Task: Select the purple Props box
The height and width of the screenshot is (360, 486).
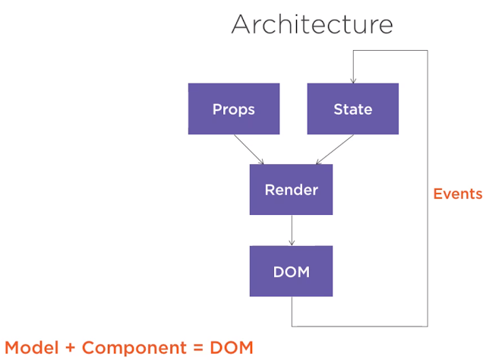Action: (233, 109)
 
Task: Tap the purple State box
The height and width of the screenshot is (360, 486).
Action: (352, 109)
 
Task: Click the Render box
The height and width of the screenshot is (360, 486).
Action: (291, 189)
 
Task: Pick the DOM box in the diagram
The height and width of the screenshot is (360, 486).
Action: (291, 271)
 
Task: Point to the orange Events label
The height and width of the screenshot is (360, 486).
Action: (457, 194)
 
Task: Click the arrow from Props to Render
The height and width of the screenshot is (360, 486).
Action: (248, 149)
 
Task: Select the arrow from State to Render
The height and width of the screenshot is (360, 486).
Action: (333, 149)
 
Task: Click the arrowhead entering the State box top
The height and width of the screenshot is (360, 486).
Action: (352, 80)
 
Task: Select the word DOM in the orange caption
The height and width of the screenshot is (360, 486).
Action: (227, 347)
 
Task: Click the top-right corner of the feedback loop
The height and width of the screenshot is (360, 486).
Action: (428, 51)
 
